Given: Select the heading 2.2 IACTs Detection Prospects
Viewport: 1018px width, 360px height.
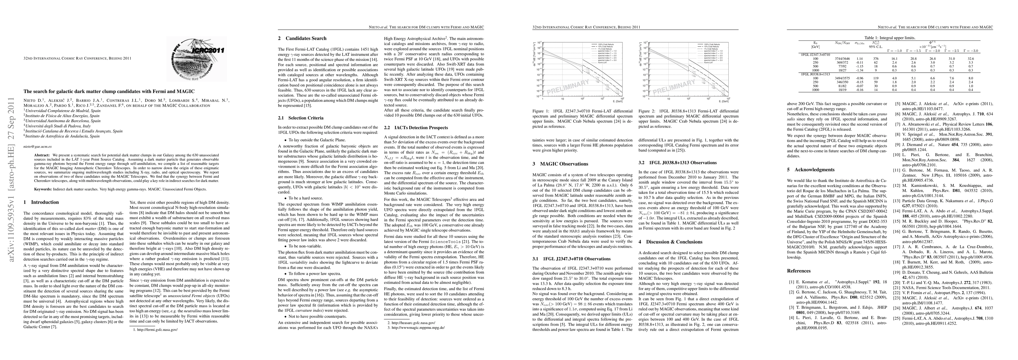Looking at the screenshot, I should click(416, 127).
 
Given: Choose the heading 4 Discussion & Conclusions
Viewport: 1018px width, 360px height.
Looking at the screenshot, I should click(675, 242).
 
